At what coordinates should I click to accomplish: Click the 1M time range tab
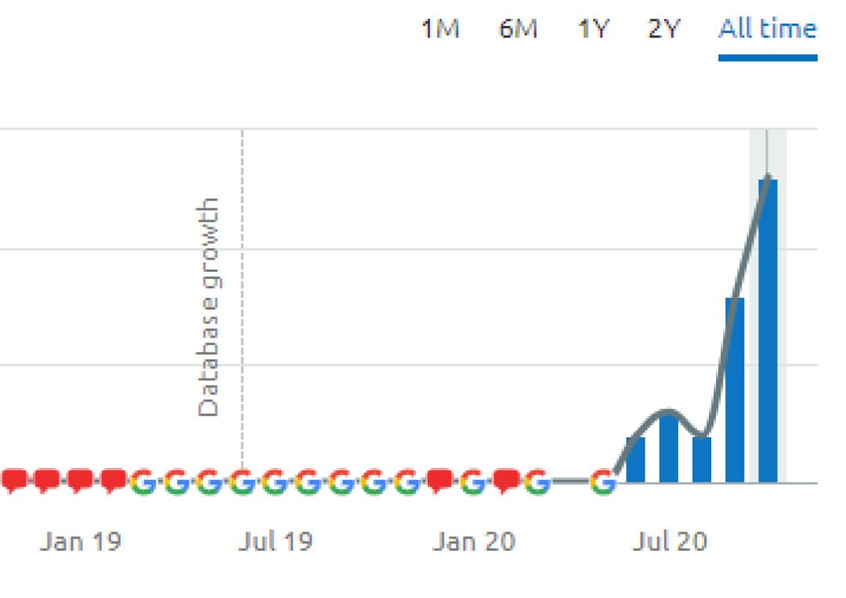point(440,30)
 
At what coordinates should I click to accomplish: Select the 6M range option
point(518,30)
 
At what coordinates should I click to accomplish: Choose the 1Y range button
point(593,30)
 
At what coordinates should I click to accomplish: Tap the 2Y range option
point(664,30)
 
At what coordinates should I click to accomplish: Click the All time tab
point(767,30)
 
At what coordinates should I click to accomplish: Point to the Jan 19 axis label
point(81,542)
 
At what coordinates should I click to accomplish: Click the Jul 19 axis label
point(275,542)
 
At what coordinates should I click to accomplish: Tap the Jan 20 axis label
point(474,542)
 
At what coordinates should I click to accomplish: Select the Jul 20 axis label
point(670,542)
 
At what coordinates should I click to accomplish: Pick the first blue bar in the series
point(635,460)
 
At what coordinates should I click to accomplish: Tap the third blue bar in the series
point(702,460)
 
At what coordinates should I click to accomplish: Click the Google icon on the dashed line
point(242,482)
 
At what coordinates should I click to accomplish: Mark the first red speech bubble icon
point(13,480)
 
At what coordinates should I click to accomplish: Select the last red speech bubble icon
point(506,480)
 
